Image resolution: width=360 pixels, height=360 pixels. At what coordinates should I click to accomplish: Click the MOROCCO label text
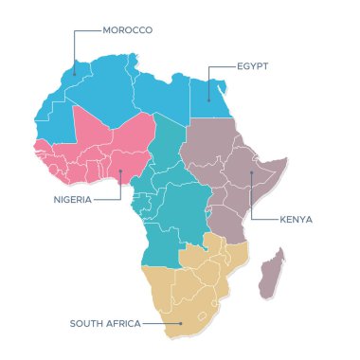tap(128, 30)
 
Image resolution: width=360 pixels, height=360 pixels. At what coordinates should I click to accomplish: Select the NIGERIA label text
tap(73, 200)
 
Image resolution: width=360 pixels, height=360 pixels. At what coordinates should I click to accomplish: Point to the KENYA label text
tap(296, 219)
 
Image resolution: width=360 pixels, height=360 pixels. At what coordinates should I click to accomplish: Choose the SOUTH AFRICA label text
tap(105, 323)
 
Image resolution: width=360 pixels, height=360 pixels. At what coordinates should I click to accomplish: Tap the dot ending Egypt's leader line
tap(207, 98)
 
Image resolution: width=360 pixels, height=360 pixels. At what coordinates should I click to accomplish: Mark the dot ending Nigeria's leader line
tap(120, 172)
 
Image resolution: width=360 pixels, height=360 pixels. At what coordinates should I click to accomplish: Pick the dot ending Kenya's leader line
tap(251, 173)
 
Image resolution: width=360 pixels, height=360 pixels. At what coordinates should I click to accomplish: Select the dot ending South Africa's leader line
tap(181, 323)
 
